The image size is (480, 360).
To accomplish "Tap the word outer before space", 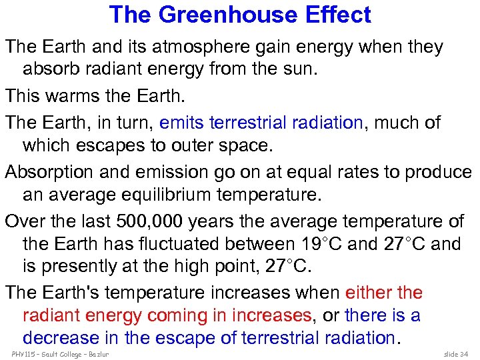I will (x=213, y=145).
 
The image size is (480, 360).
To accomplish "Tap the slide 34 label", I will (x=457, y=353).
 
